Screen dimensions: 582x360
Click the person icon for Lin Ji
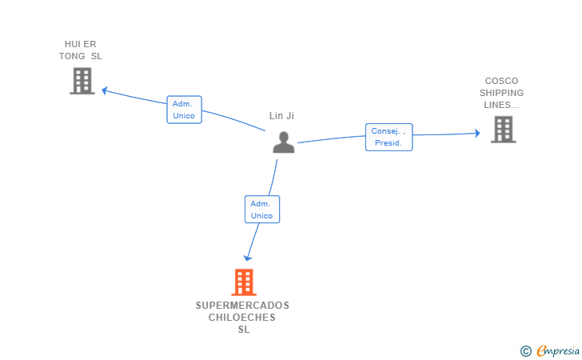284,142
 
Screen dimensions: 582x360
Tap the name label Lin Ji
281,116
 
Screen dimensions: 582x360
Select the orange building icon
244,282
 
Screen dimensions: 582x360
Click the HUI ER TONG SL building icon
82,81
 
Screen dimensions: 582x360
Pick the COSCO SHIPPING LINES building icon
504,130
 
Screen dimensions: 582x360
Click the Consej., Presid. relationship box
389,137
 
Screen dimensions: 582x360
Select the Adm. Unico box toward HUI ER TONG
184,110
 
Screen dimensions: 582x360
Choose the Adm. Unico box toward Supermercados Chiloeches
262,209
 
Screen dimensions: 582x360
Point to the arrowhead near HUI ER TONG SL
104,90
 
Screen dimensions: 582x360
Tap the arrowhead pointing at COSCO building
477,133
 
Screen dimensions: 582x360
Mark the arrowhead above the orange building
248,258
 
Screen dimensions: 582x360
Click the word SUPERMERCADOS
242,306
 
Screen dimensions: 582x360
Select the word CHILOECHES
242,318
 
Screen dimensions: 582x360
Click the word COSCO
501,81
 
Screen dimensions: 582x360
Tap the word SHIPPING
501,93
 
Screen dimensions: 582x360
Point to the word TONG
72,56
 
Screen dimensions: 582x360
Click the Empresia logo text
558,350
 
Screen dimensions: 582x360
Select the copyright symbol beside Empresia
526,351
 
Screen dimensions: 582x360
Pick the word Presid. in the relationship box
389,143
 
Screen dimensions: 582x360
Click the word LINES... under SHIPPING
501,105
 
